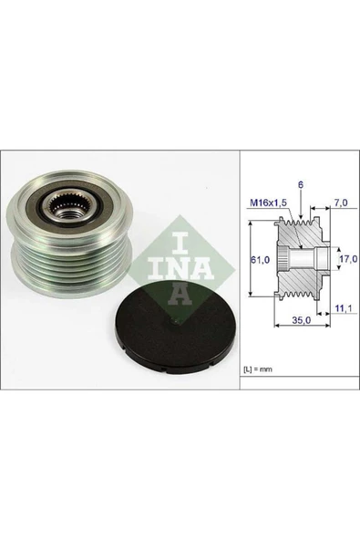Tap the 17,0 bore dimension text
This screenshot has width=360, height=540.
pos(345,259)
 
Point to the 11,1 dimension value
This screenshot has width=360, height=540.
pos(342,310)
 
